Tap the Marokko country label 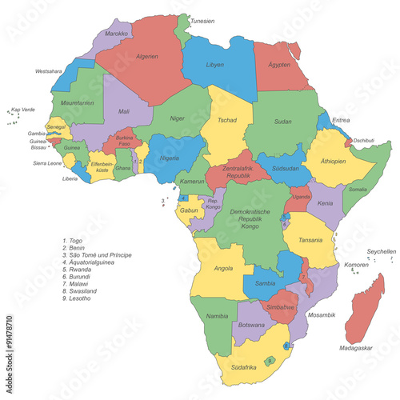[x=117, y=34]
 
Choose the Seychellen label [x=381, y=251]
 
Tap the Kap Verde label [x=22, y=110]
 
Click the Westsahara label [x=49, y=71]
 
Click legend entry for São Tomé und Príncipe [x=100, y=255]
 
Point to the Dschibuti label [x=364, y=141]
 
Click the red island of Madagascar [x=364, y=308]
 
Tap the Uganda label [x=301, y=196]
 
